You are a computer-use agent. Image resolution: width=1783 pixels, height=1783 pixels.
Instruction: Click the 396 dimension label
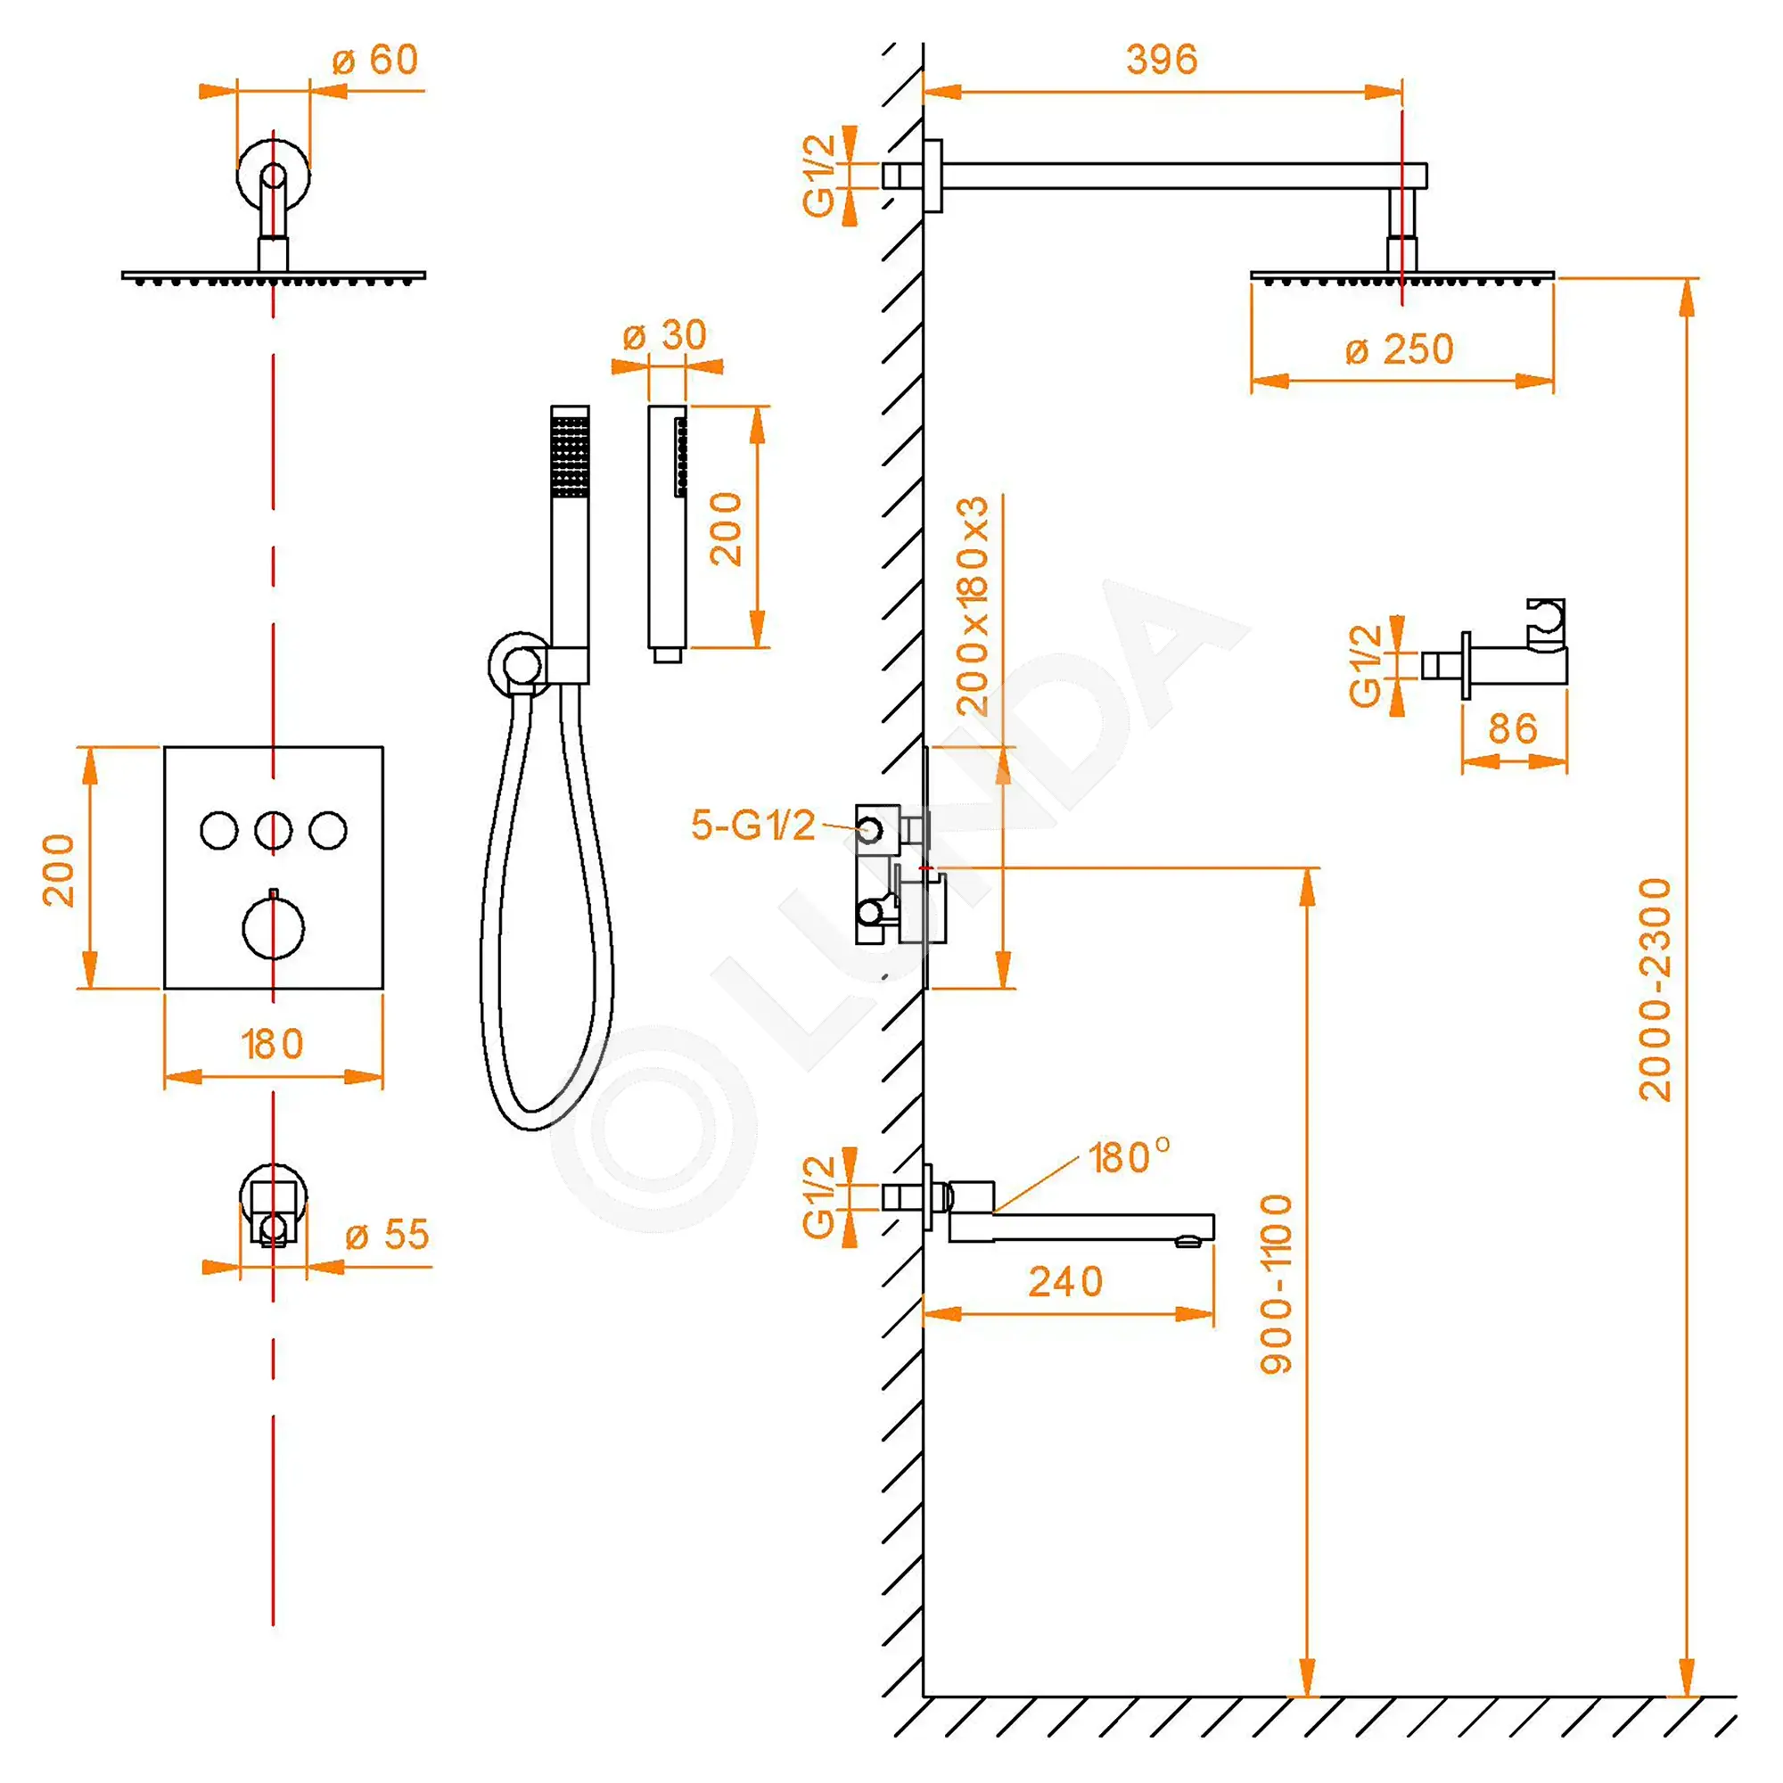(1161, 60)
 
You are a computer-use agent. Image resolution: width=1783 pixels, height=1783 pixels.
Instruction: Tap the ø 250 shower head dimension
(1399, 349)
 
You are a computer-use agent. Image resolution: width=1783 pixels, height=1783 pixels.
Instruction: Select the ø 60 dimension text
(375, 60)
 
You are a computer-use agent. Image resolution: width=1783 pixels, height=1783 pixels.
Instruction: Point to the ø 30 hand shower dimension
(664, 334)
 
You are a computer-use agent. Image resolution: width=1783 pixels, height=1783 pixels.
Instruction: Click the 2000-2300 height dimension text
(1655, 990)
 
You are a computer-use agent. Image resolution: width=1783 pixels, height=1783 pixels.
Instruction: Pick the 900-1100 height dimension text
(1277, 1284)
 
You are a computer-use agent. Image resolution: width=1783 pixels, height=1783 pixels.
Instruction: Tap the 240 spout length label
(1066, 1282)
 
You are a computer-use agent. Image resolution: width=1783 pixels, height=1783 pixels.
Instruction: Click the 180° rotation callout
(1129, 1157)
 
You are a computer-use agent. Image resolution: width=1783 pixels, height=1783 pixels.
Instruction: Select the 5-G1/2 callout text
(753, 825)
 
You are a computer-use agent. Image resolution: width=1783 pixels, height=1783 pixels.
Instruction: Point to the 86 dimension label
(1513, 729)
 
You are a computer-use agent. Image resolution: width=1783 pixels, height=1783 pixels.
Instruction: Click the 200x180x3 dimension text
(972, 606)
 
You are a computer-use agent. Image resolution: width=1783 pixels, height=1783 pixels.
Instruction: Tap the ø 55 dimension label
(388, 1235)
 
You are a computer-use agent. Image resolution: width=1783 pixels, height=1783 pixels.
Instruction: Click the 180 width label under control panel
(272, 1045)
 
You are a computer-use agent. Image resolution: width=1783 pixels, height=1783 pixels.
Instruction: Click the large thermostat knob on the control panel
(273, 927)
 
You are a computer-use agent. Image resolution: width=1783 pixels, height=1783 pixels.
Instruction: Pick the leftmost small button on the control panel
(218, 831)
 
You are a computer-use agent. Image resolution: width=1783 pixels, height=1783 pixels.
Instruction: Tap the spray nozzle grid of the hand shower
(570, 456)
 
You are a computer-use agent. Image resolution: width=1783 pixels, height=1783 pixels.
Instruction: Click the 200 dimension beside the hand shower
(727, 529)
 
